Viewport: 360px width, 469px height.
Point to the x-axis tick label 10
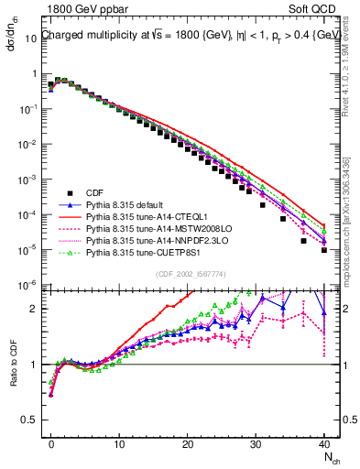point(119,440)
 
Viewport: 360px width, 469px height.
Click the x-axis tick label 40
point(324,440)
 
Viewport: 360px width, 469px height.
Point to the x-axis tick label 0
point(51,440)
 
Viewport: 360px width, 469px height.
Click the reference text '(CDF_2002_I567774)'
point(189,274)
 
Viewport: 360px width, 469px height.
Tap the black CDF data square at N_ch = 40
point(324,249)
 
